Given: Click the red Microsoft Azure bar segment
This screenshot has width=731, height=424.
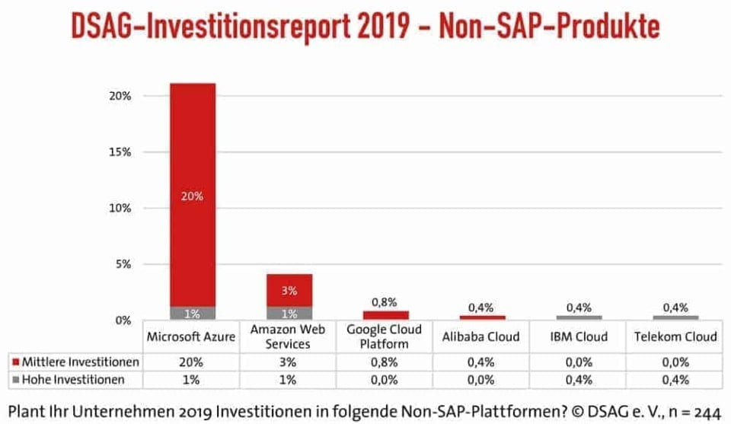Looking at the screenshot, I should (192, 194).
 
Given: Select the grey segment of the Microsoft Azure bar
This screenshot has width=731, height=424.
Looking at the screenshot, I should (192, 313).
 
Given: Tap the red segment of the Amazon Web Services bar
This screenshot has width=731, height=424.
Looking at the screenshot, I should (289, 290).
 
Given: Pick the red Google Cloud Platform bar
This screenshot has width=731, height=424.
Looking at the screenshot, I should (386, 315).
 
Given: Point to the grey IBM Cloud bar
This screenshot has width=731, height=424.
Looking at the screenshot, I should (579, 317).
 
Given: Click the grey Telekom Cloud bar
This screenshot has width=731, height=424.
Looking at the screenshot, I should (675, 317).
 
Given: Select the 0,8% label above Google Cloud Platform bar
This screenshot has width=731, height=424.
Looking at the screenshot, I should (386, 302).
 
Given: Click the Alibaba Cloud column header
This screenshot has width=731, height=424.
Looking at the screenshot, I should (482, 336).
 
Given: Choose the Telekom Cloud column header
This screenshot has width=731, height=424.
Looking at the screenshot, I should (675, 336).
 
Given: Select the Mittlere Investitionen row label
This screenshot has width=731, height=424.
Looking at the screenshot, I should (76, 362).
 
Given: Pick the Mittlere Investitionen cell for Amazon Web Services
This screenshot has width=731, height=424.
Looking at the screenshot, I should (289, 362).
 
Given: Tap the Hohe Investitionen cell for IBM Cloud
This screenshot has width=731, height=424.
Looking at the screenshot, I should (579, 378).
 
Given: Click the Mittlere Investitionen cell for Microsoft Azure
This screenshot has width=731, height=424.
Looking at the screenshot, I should (192, 362).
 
